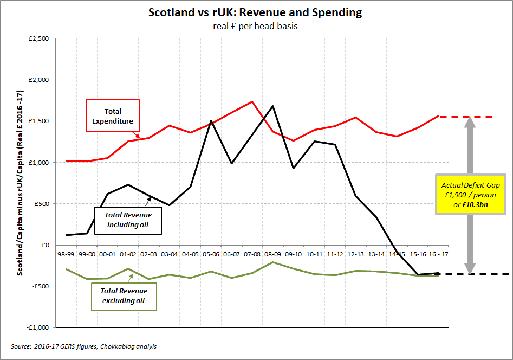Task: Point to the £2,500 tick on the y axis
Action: [x=38, y=38]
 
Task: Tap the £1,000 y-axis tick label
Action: [x=38, y=163]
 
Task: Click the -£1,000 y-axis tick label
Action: [x=37, y=327]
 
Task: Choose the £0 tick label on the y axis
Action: [x=46, y=245]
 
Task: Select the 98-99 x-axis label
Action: [x=66, y=254]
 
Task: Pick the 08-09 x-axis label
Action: [x=272, y=254]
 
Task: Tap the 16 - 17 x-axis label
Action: [x=438, y=254]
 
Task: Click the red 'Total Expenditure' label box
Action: [x=113, y=115]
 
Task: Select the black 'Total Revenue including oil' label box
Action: [x=128, y=220]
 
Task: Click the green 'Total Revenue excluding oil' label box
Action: [x=124, y=295]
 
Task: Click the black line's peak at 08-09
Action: [x=272, y=106]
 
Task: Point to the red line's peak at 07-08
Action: [x=252, y=101]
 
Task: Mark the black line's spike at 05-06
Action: [x=211, y=121]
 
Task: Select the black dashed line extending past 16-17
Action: [x=477, y=274]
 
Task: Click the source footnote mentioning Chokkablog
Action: [x=84, y=346]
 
